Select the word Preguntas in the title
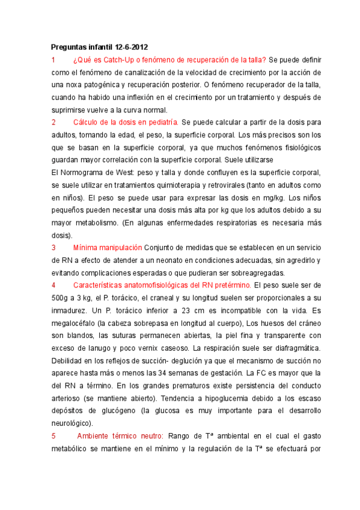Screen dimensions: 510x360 (69, 47)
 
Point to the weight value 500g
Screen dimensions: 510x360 (61, 297)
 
